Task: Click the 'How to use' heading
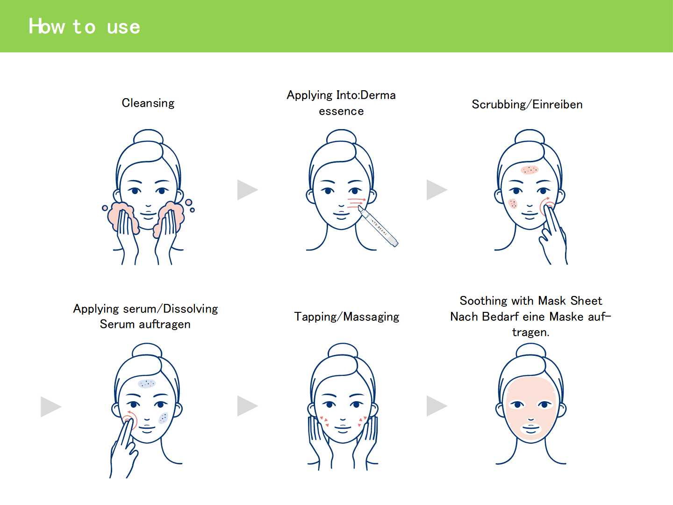click(84, 26)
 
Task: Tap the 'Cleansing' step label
click(148, 103)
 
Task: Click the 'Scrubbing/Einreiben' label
click(527, 105)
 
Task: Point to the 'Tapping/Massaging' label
click(347, 317)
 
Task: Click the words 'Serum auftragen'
click(145, 325)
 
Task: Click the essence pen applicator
click(378, 226)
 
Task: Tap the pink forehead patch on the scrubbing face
click(530, 170)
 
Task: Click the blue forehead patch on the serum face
click(147, 383)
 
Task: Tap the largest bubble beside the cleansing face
click(189, 202)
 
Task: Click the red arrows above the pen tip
click(357, 203)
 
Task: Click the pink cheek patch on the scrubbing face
click(513, 203)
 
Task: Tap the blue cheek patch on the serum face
click(163, 418)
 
